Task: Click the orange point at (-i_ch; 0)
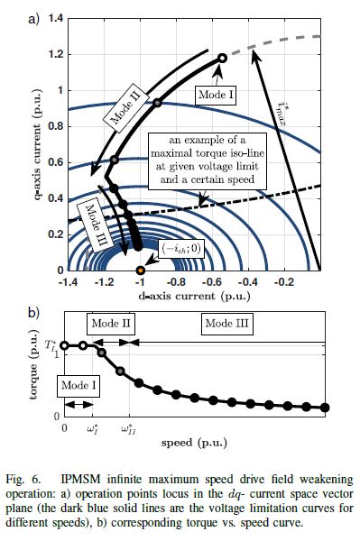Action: click(140, 270)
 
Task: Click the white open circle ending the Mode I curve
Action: click(223, 58)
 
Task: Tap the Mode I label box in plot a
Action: click(216, 94)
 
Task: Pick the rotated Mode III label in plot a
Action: click(95, 225)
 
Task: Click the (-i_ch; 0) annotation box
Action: click(180, 249)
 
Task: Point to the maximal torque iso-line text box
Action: click(208, 160)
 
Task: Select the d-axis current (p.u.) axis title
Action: click(194, 296)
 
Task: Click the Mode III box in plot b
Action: click(226, 324)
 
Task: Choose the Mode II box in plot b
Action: click(111, 324)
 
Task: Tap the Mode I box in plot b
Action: click(78, 385)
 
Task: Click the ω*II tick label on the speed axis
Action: click(128, 429)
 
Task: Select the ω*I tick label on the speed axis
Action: click(92, 429)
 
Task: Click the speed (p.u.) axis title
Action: click(194, 443)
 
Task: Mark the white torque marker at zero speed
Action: click(64, 345)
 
